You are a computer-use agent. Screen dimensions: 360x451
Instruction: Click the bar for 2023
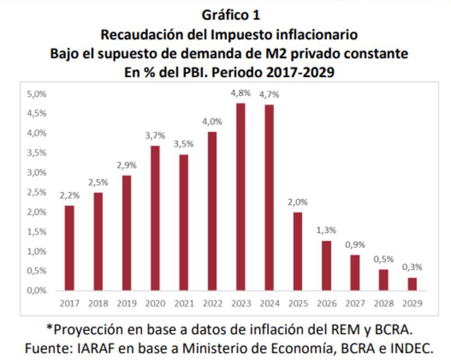tap(241, 197)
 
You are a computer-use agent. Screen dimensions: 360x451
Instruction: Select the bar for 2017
tap(69, 248)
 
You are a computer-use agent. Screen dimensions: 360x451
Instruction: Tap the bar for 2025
tap(298, 251)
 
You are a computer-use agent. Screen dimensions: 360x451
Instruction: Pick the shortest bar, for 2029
tap(412, 284)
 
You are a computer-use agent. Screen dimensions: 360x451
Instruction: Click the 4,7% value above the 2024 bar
tap(269, 95)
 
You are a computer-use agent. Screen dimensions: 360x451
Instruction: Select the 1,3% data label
tap(326, 230)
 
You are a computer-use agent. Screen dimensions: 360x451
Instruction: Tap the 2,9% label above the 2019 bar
tap(127, 165)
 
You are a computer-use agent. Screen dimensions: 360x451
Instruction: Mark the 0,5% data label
tap(383, 260)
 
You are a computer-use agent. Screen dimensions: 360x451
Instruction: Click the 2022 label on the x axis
tap(212, 303)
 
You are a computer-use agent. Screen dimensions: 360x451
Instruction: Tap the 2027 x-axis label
tap(355, 303)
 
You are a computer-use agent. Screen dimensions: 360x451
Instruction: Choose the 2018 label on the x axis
tap(98, 303)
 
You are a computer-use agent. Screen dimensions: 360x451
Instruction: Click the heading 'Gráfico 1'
tap(228, 15)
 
